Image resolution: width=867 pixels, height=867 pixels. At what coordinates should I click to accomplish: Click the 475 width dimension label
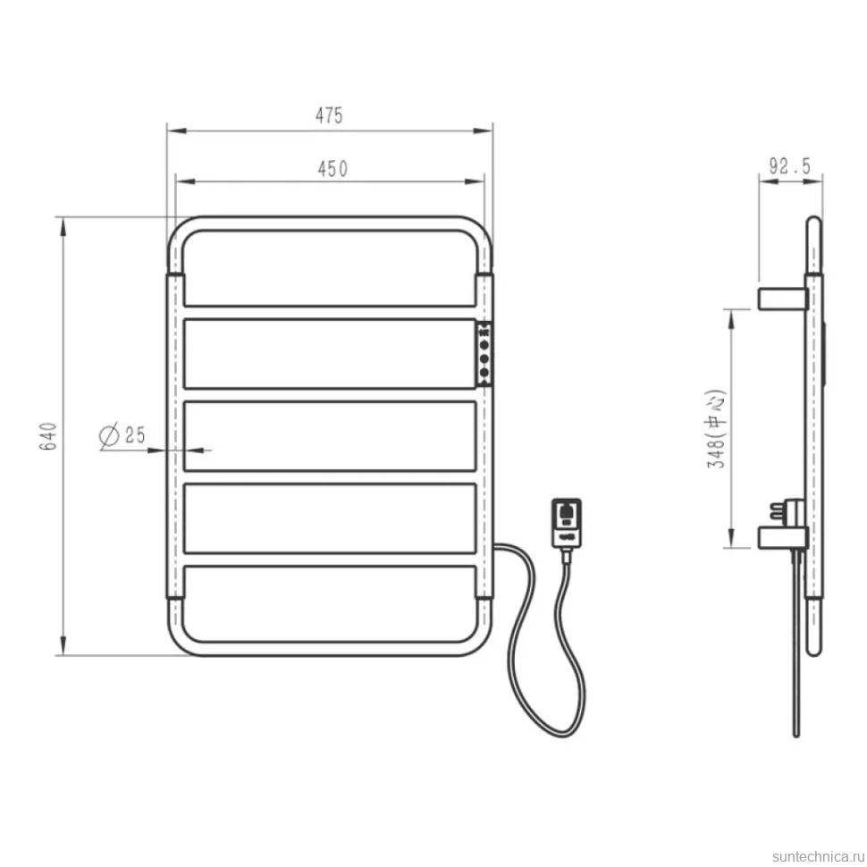pyautogui.click(x=329, y=115)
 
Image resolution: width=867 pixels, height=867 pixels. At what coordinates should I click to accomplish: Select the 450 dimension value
pyautogui.click(x=332, y=169)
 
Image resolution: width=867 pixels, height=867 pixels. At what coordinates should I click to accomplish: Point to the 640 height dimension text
pyautogui.click(x=48, y=435)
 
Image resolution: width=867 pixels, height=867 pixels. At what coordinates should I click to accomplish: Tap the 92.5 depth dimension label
pyautogui.click(x=789, y=166)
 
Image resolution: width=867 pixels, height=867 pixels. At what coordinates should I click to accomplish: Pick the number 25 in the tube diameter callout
pyautogui.click(x=135, y=434)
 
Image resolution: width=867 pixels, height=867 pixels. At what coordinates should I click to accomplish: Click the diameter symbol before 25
pyautogui.click(x=109, y=434)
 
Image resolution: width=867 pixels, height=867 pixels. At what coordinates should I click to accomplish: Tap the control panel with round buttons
pyautogui.click(x=484, y=353)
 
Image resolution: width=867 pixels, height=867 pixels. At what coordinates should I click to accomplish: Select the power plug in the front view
pyautogui.click(x=566, y=523)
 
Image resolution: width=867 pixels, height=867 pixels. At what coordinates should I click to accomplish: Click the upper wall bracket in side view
pyautogui.click(x=782, y=298)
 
